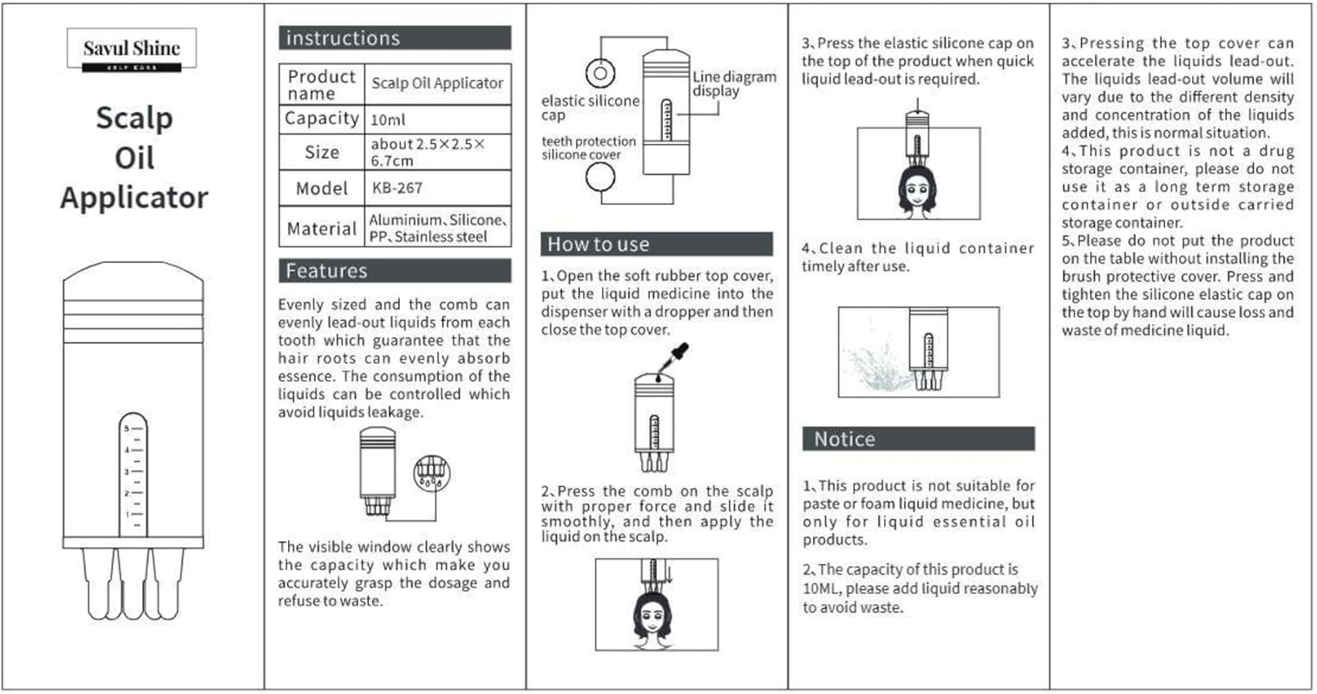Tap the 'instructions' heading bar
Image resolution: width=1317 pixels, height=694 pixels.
coord(395,38)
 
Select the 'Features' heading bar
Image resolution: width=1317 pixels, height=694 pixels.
coord(395,271)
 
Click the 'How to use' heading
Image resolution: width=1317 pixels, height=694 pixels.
coord(656,244)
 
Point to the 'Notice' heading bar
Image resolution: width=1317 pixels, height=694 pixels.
coord(918,439)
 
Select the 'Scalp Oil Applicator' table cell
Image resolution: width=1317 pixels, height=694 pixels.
coord(437,83)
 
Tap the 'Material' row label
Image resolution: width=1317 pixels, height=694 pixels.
coord(322,228)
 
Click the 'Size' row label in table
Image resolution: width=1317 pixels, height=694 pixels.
coord(322,153)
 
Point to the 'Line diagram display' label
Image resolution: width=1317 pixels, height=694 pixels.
coord(734,83)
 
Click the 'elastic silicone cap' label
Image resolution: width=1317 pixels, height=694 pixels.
coord(590,108)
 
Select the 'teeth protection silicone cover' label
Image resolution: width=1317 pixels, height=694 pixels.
coord(589,147)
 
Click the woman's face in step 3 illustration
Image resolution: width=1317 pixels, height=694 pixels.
coord(918,192)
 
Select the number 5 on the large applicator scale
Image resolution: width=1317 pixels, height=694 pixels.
coord(126,429)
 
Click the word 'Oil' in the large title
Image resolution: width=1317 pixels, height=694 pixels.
coord(134,158)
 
